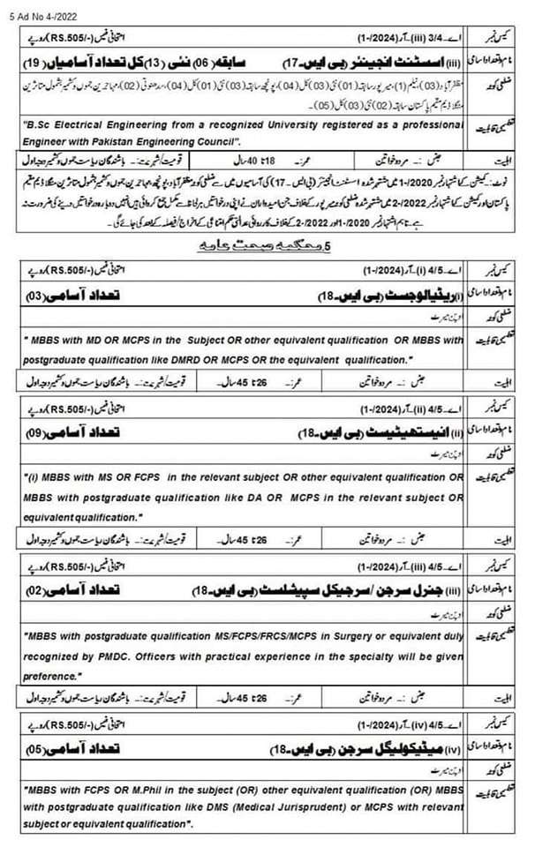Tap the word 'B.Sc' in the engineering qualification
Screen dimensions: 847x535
[x=40, y=127]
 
